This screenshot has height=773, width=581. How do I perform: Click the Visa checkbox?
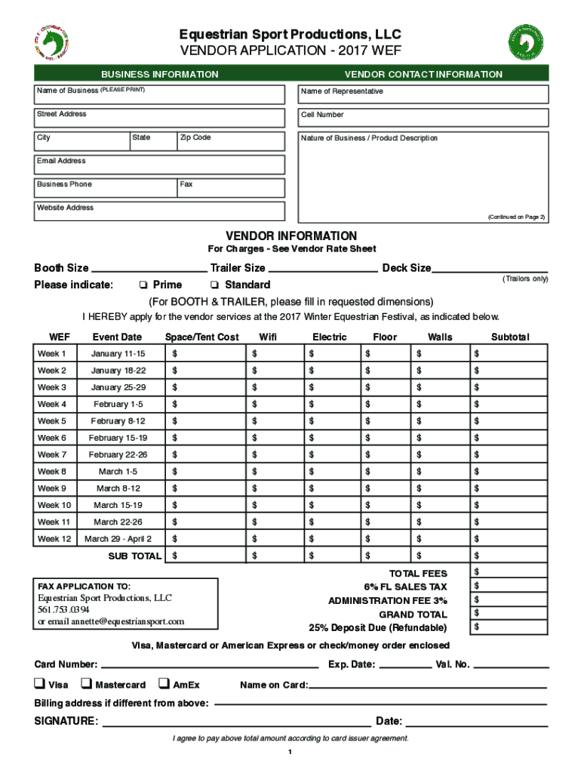point(38,685)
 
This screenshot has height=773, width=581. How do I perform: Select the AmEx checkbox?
point(164,685)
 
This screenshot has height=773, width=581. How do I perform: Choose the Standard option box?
point(214,285)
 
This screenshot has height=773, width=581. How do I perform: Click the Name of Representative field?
point(423,94)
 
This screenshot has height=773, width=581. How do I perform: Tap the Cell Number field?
point(423,117)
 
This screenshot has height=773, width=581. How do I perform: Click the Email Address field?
point(159,165)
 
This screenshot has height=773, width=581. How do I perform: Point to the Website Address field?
point(159,211)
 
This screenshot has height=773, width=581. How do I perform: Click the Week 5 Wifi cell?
point(275,421)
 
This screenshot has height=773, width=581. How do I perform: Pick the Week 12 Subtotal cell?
point(509,539)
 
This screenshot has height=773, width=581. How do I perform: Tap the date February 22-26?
point(118,454)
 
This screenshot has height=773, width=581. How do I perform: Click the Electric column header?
point(329,337)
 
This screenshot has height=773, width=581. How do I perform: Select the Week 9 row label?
point(52,488)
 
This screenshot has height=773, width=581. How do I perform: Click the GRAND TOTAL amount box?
point(509,614)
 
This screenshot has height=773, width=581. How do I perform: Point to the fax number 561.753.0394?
point(63,609)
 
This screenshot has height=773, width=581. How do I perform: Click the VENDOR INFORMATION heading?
point(291,236)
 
